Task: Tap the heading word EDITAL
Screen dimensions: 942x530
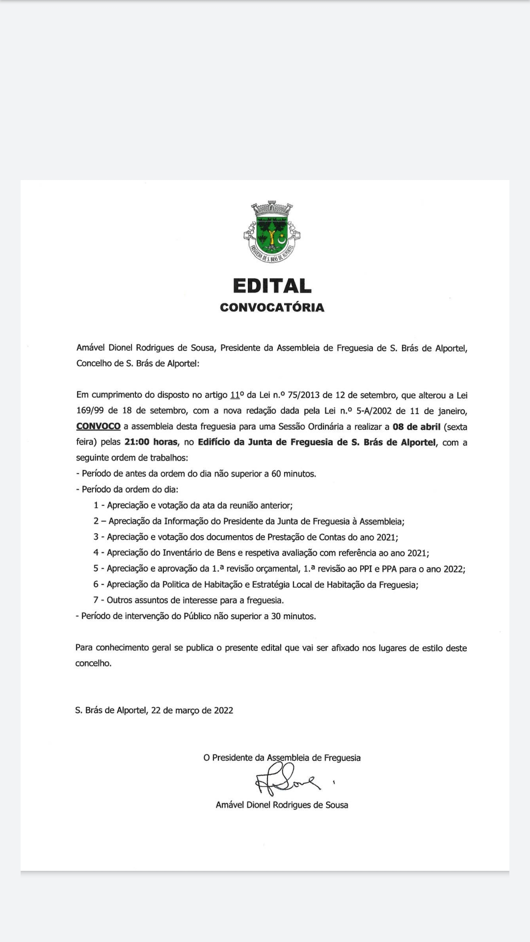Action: click(x=272, y=286)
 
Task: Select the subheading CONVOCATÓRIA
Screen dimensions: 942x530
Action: click(x=272, y=308)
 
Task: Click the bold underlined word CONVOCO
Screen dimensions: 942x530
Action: click(x=98, y=426)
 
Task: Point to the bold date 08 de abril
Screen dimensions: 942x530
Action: click(x=416, y=427)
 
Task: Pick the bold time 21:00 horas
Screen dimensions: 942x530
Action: click(x=151, y=442)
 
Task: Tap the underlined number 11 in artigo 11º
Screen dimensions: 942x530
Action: click(x=235, y=395)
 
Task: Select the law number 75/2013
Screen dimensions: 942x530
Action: click(x=303, y=395)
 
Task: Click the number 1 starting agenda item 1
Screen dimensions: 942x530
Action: click(x=96, y=505)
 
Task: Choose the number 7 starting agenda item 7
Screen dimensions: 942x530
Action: click(x=96, y=600)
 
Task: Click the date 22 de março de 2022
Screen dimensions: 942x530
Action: click(x=192, y=710)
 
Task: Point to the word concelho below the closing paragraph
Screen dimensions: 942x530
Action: click(x=93, y=663)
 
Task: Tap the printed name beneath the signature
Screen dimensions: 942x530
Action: click(x=282, y=805)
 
